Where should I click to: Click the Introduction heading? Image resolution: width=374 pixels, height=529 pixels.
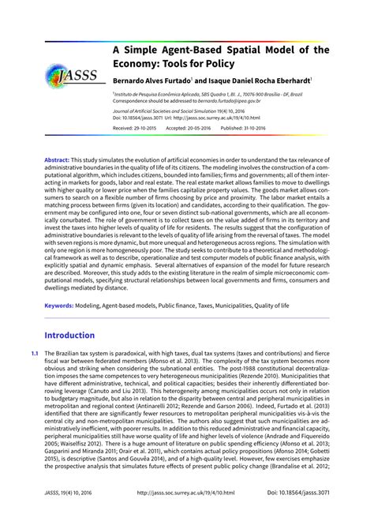(x=80, y=335)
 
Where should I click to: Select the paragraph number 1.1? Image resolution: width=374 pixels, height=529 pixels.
(x=34, y=353)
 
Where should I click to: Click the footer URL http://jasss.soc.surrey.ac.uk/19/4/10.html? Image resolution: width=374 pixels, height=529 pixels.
(x=187, y=513)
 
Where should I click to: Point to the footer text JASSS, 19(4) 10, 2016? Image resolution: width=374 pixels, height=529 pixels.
(x=69, y=513)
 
